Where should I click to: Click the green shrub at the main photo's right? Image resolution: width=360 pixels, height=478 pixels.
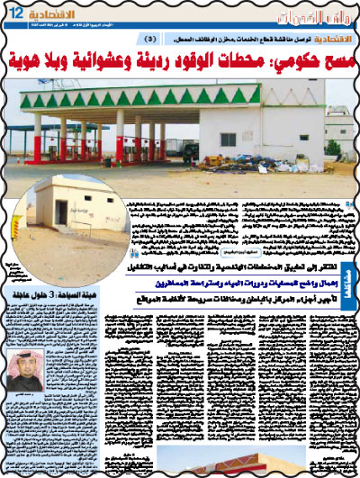[x=334, y=148]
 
